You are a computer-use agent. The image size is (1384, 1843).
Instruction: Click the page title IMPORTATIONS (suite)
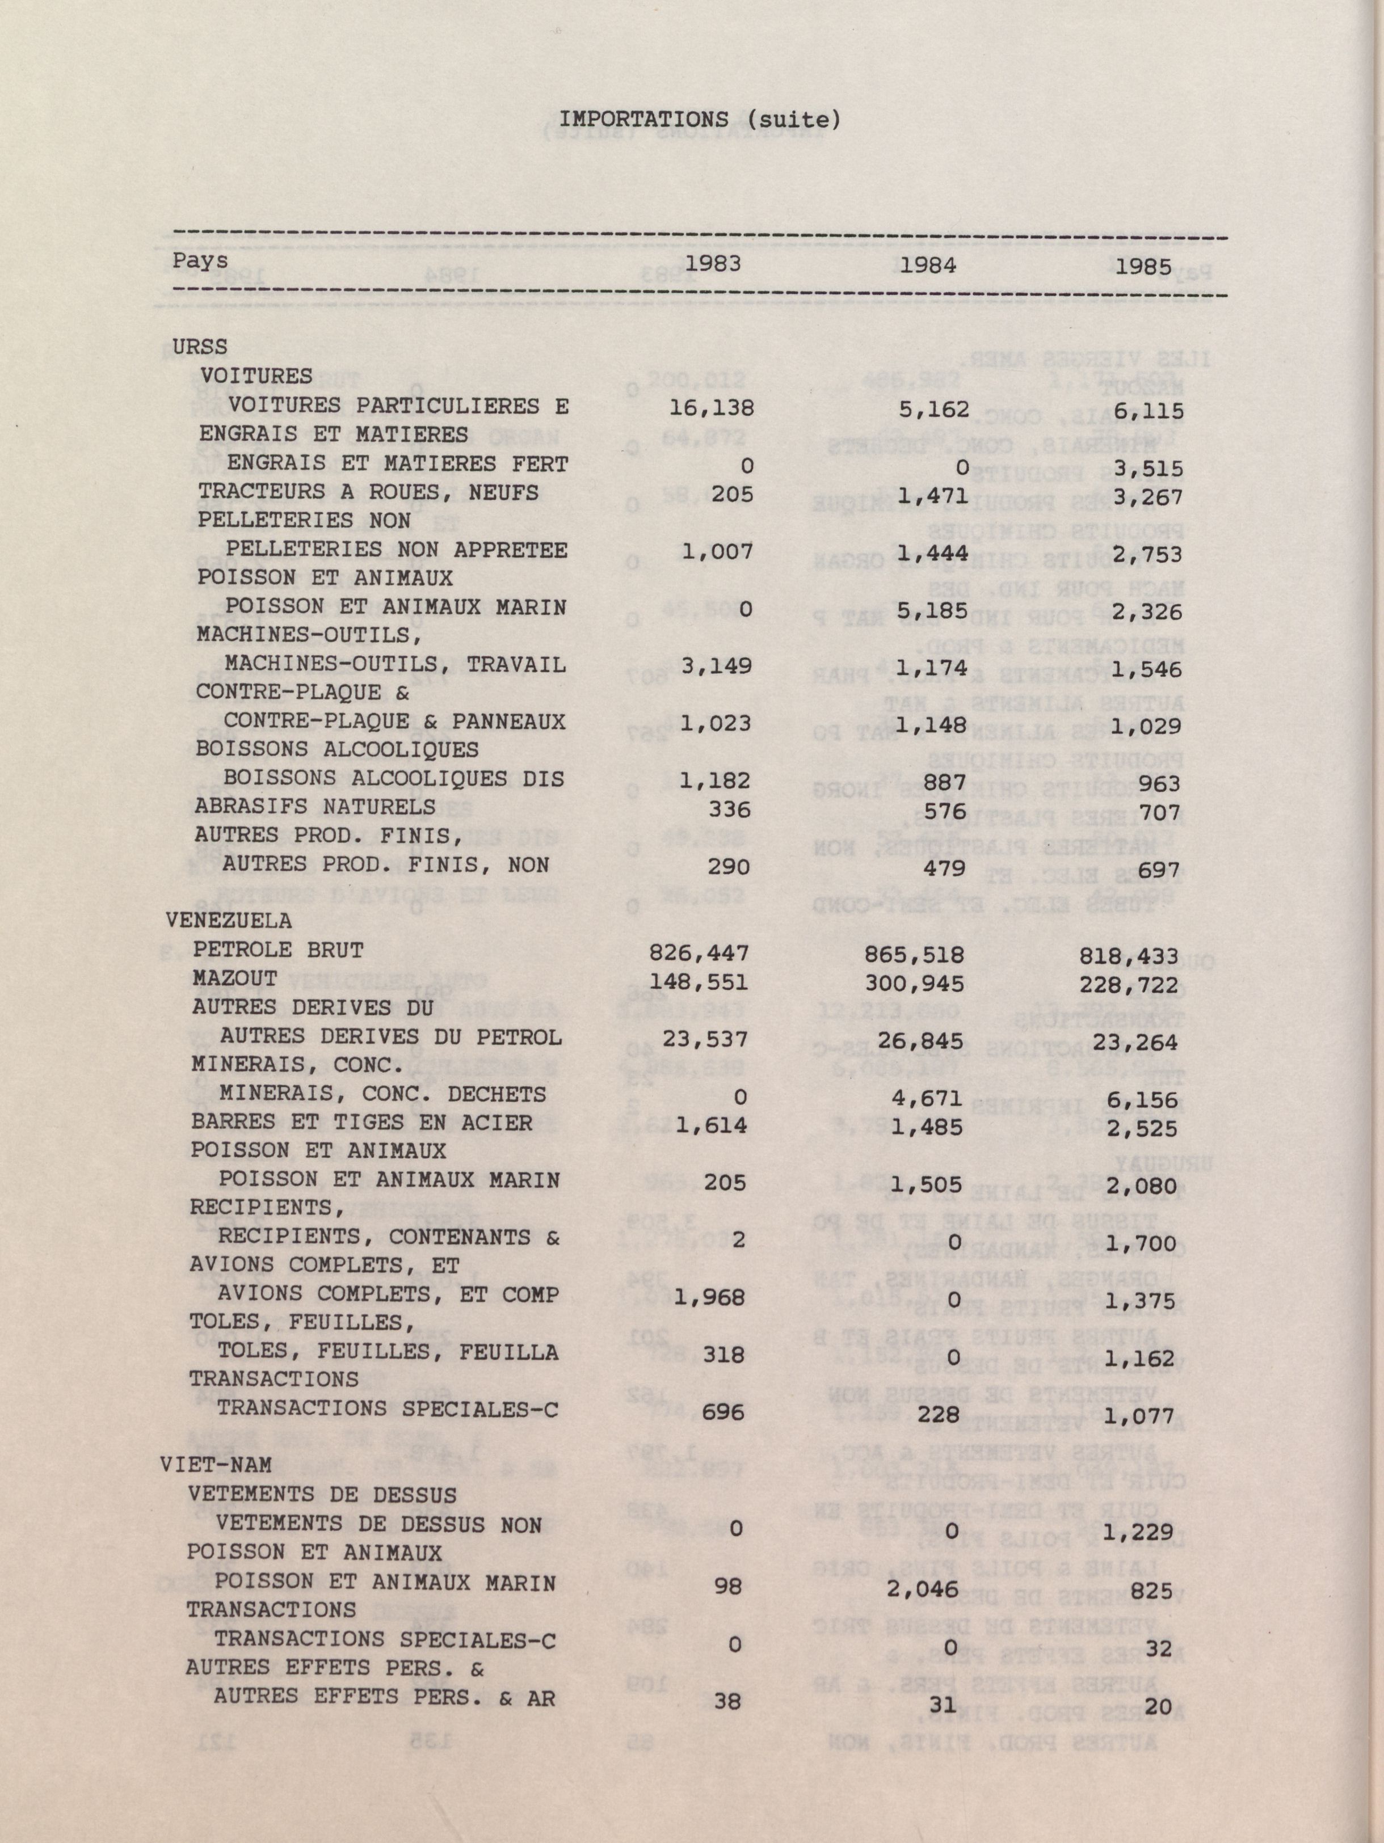699,121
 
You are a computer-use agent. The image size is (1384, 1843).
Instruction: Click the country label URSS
199,346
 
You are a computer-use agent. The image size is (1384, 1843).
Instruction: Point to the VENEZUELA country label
229,921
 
